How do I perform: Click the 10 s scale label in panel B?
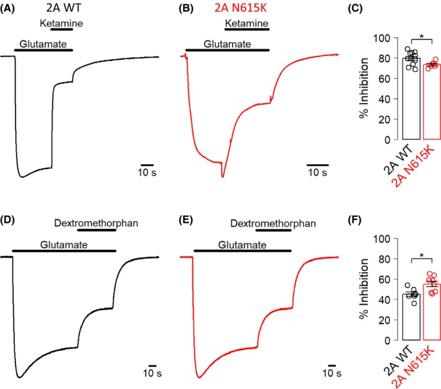pos(318,172)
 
